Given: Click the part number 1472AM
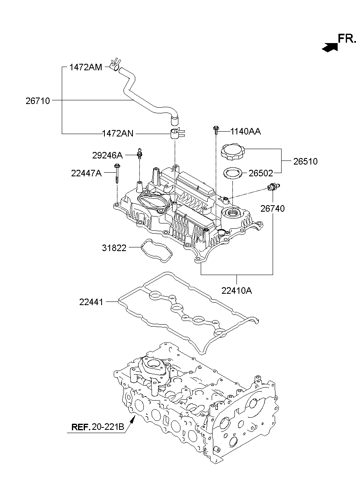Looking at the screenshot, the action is pos(86,67).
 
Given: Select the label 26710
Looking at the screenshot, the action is pos(38,101).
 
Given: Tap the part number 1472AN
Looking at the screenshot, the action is pos(118,133).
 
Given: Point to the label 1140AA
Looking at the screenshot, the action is pos(245,131).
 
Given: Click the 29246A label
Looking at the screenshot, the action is pos(107,155).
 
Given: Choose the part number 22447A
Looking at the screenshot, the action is pos(86,173).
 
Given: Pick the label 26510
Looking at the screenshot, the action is pos(306,161).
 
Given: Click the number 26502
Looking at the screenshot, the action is pos(261,173).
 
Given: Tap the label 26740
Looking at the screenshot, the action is pos(273,208).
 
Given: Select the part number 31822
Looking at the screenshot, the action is pos(114,248).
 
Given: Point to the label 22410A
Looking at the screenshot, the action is pos(236,291).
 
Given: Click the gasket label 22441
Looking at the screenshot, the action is pos(91,302).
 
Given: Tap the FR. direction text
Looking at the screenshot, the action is pos(347,39).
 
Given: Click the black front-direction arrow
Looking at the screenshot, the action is pos(330,47).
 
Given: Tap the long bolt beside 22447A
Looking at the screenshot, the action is pos(117,173).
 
